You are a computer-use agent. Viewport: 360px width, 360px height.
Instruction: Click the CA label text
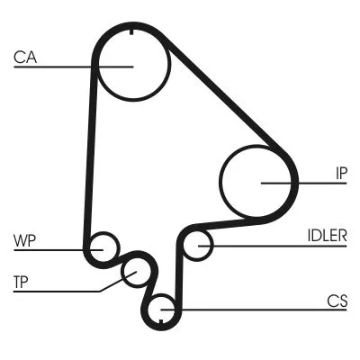point(24,58)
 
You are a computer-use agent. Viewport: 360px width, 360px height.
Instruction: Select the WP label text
point(24,240)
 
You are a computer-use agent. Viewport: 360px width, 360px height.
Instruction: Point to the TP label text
point(21,282)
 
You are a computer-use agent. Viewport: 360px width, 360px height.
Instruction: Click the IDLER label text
point(325,236)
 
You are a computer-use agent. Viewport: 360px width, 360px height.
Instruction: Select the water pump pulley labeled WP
point(103,246)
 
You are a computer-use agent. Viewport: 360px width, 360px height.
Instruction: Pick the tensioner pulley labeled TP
point(135,272)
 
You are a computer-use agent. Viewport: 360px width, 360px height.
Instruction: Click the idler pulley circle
point(198,245)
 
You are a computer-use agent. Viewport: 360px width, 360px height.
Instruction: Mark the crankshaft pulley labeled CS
point(162,310)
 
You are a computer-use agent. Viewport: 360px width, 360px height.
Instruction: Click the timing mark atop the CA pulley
point(132,33)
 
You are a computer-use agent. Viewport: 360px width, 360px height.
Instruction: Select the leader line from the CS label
point(252,310)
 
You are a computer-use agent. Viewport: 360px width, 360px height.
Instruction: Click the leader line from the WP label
point(54,248)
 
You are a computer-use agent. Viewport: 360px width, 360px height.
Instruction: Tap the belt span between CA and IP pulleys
point(225,99)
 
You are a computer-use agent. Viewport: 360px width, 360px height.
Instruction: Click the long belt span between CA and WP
point(90,153)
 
